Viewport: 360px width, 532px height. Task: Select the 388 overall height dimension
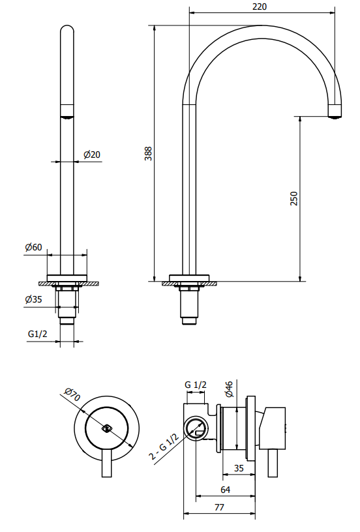coord(149,153)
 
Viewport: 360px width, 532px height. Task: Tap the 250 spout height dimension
coord(294,198)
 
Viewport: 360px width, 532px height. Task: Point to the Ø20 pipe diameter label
coord(92,155)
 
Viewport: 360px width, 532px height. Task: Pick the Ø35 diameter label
coord(33,299)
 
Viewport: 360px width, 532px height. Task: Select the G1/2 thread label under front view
coord(37,334)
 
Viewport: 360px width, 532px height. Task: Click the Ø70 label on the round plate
coord(72,394)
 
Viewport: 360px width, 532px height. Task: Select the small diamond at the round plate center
coord(107,428)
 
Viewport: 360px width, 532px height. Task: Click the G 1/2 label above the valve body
coord(195,385)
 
